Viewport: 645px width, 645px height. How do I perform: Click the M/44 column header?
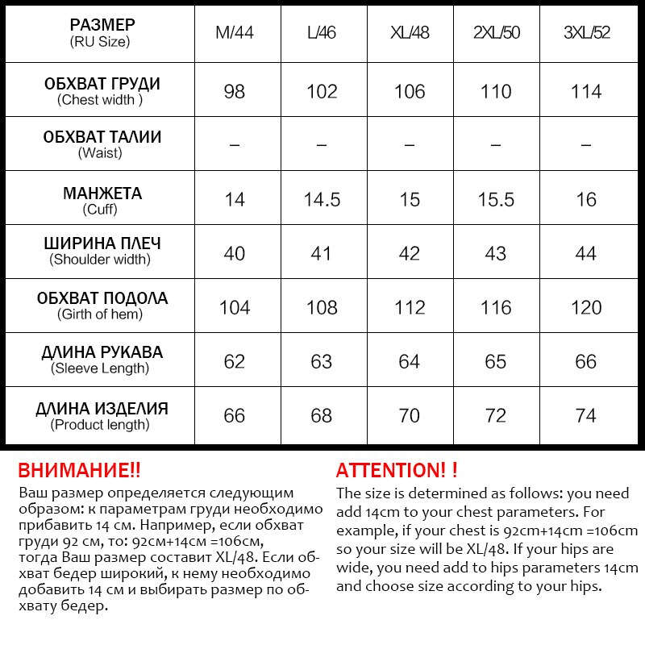click(x=235, y=34)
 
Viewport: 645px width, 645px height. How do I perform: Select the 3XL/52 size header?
click(x=586, y=34)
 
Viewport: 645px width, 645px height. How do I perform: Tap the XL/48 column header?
click(x=410, y=34)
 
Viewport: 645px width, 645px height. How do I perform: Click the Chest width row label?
click(x=101, y=91)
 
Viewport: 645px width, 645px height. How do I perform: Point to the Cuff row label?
click(x=101, y=200)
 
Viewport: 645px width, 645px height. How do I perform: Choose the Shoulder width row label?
click(x=101, y=251)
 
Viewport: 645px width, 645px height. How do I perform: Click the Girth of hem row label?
click(x=101, y=306)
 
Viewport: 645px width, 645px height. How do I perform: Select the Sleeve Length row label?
click(x=101, y=360)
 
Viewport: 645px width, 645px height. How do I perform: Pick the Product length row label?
click(x=101, y=416)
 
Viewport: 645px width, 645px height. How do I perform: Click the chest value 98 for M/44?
click(x=235, y=91)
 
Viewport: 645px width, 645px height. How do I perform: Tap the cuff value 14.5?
click(x=322, y=200)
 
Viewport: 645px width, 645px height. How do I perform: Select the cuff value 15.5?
click(x=496, y=200)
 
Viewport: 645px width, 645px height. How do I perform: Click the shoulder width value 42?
click(x=410, y=253)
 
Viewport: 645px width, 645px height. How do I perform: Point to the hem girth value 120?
click(x=586, y=307)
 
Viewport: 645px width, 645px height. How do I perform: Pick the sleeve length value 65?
click(x=496, y=361)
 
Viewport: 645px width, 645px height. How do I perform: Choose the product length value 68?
click(x=322, y=416)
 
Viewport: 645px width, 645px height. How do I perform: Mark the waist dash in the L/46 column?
click(x=322, y=145)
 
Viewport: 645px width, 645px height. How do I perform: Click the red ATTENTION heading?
click(x=397, y=470)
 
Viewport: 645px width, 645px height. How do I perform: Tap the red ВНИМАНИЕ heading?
click(x=79, y=470)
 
